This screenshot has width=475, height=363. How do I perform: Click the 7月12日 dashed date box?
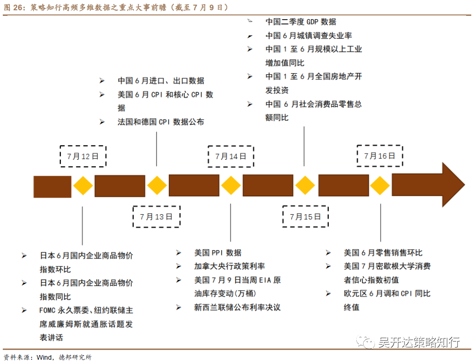point(83,156)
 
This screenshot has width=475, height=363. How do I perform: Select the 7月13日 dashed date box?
point(156,216)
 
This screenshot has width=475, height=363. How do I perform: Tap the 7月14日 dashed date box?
point(231,156)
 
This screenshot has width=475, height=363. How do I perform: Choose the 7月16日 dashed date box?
point(380,156)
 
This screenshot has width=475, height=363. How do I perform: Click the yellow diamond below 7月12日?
point(83,186)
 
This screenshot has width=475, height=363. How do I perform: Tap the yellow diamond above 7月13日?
point(157,186)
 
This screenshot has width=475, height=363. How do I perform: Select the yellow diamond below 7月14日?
point(231,186)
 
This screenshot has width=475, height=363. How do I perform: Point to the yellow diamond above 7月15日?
point(305,186)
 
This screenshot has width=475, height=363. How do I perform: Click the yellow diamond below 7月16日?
point(380,186)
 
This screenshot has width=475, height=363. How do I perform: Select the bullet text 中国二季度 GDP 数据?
point(301,21)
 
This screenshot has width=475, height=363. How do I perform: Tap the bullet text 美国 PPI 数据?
point(218,252)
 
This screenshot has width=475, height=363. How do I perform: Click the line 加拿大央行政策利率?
point(230,266)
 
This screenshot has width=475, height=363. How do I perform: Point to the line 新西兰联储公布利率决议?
point(237,307)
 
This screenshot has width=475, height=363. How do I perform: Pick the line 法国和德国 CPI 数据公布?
point(161,122)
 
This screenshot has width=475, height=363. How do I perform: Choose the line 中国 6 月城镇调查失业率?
point(309,35)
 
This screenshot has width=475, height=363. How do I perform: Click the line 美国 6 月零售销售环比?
point(383,252)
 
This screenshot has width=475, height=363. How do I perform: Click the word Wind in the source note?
point(43,357)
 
